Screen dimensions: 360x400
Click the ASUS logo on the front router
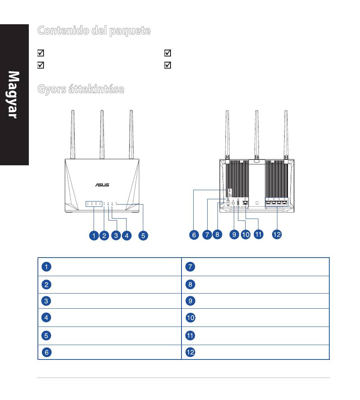pyautogui.click(x=102, y=185)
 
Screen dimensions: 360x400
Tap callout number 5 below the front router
pyautogui.click(x=143, y=236)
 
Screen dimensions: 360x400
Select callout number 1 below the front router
pyautogui.click(x=94, y=236)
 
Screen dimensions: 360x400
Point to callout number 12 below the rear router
pyautogui.click(x=277, y=234)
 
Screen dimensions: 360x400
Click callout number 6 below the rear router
pyautogui.click(x=194, y=235)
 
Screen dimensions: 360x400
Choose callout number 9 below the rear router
pyautogui.click(x=234, y=234)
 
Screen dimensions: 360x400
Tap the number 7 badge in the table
pyautogui.click(x=190, y=267)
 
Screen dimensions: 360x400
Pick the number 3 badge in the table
pyautogui.click(x=46, y=301)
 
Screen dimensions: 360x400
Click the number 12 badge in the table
pyautogui.click(x=190, y=352)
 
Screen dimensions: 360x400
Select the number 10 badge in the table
pyautogui.click(x=190, y=317)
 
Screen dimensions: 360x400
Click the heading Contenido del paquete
pyautogui.click(x=94, y=31)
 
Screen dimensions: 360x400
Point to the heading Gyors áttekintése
pyautogui.click(x=81, y=89)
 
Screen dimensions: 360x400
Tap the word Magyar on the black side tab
pyautogui.click(x=13, y=95)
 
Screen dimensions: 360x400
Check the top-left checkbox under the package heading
pyautogui.click(x=41, y=53)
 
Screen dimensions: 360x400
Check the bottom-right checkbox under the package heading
pyautogui.click(x=167, y=65)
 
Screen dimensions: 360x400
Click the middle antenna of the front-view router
pyautogui.click(x=102, y=134)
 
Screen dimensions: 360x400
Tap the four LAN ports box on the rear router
pyautogui.click(x=277, y=202)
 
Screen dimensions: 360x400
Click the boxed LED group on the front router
pyautogui.click(x=94, y=203)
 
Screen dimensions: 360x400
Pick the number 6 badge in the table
pyautogui.click(x=47, y=352)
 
